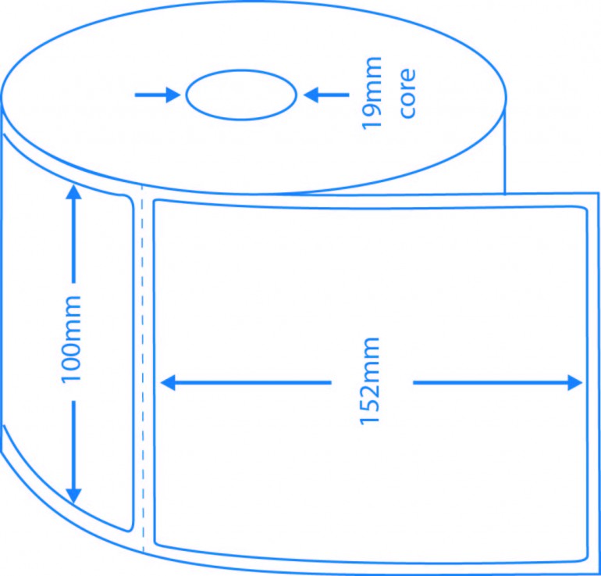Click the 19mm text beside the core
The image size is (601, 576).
point(372,93)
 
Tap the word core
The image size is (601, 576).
point(407,93)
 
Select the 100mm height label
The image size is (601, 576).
point(71,339)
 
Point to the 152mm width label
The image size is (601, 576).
point(369,381)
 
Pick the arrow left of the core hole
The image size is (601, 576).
point(157,95)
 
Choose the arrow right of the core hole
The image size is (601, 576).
point(326,95)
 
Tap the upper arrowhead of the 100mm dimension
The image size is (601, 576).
point(73,192)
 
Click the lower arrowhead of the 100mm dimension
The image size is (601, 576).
point(73,496)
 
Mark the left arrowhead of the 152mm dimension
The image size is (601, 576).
point(168,383)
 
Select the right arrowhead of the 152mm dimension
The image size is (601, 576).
point(575,383)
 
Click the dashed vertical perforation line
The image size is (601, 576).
point(143,368)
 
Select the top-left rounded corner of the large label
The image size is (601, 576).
point(155,201)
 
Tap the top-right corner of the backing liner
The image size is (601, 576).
point(599,192)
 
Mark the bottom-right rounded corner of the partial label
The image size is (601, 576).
point(131,530)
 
